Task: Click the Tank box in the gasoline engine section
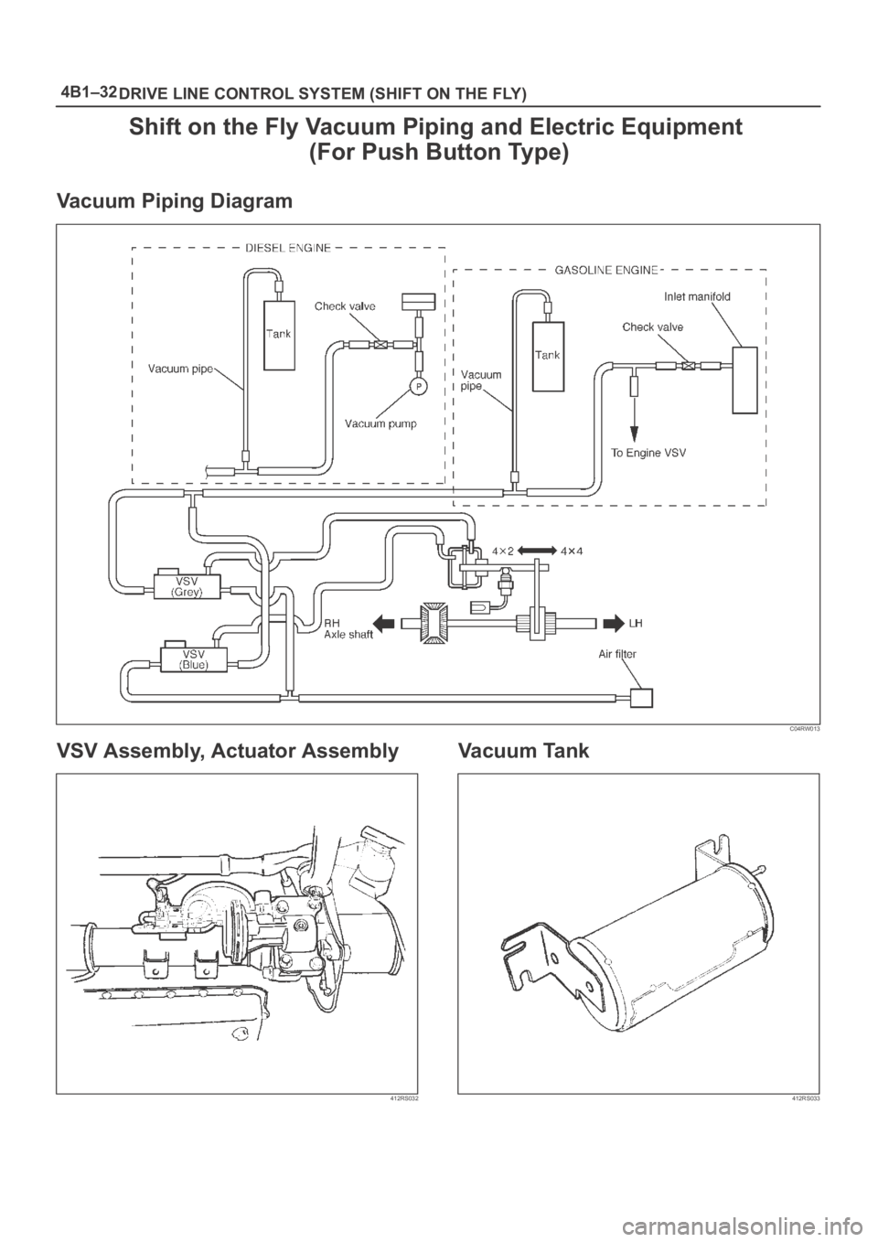549,356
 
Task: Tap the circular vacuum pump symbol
417,386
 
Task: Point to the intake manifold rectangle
746,379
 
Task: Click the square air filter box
642,697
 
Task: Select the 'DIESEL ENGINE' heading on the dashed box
288,247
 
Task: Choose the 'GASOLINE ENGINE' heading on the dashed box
605,270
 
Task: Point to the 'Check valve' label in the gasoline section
652,326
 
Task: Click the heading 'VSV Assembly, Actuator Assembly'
228,752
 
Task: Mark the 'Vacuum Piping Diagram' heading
175,200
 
